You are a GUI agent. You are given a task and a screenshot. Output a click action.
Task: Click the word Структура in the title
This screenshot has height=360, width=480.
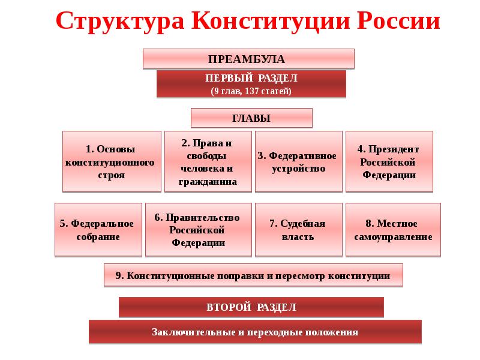(120, 22)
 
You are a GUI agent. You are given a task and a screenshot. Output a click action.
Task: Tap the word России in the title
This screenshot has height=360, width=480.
(398, 21)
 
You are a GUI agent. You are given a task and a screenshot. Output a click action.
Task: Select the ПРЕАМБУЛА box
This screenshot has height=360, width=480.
(248, 58)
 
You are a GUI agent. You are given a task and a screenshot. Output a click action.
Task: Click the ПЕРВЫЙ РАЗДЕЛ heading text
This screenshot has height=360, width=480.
(251, 78)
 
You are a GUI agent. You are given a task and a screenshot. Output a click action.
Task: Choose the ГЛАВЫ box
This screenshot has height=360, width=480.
(251, 118)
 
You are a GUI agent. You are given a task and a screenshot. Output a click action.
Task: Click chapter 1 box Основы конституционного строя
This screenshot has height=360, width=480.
(112, 161)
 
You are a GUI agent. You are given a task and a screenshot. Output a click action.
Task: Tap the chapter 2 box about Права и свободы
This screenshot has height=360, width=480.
(208, 161)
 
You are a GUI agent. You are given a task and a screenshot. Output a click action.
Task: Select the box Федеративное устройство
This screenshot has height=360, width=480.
(299, 161)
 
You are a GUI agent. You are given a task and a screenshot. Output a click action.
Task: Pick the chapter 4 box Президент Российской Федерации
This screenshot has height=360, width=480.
(389, 161)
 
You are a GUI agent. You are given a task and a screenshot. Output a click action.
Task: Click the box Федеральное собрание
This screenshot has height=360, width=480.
(98, 230)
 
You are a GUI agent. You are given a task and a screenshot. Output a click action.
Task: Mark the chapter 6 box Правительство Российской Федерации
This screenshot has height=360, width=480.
(199, 230)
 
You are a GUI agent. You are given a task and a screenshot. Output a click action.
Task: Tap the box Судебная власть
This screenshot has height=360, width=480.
(299, 230)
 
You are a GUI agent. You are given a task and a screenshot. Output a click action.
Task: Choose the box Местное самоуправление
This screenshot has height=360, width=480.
(394, 230)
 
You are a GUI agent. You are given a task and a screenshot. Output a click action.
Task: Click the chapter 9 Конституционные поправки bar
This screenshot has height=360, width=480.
(253, 275)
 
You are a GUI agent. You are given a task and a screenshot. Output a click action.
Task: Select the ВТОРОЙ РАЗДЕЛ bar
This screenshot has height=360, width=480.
(251, 307)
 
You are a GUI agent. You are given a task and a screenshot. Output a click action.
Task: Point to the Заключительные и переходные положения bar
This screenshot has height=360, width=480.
(256, 332)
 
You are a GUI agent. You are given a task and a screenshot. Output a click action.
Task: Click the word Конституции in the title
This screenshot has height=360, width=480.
(271, 22)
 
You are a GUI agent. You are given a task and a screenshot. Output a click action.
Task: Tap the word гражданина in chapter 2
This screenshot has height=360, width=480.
(208, 182)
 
